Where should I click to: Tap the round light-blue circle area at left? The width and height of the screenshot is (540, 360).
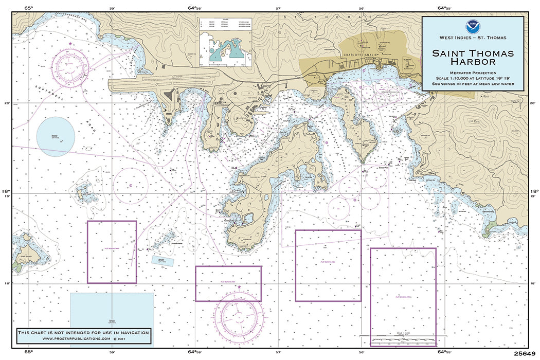(56, 137)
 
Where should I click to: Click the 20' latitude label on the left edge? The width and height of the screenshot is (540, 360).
(7, 103)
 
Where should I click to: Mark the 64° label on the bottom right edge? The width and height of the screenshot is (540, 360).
(443, 353)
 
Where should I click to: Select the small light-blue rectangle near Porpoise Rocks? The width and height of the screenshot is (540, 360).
(163, 260)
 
